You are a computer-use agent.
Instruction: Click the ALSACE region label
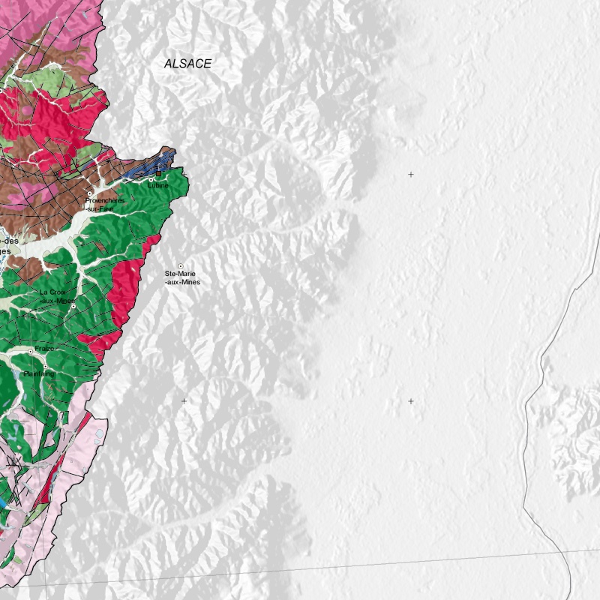[187, 64]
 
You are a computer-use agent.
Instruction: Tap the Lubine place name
[158, 185]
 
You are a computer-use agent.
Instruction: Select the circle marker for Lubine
[151, 179]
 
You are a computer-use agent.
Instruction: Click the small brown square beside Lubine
[158, 174]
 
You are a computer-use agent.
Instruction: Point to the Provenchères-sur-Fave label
[104, 205]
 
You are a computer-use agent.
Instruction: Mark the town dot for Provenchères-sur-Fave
[89, 193]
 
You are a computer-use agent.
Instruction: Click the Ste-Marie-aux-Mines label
[182, 278]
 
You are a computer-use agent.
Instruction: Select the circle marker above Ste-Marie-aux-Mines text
[180, 266]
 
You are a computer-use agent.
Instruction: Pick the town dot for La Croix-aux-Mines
[73, 306]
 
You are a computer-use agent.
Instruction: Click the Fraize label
[45, 349]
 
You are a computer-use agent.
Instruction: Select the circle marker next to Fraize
[31, 351]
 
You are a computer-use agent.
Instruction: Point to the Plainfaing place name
[39, 373]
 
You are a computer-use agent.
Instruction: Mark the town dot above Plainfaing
[44, 366]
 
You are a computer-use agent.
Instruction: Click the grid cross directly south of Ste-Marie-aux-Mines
[184, 401]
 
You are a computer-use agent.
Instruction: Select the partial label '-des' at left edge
[9, 241]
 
